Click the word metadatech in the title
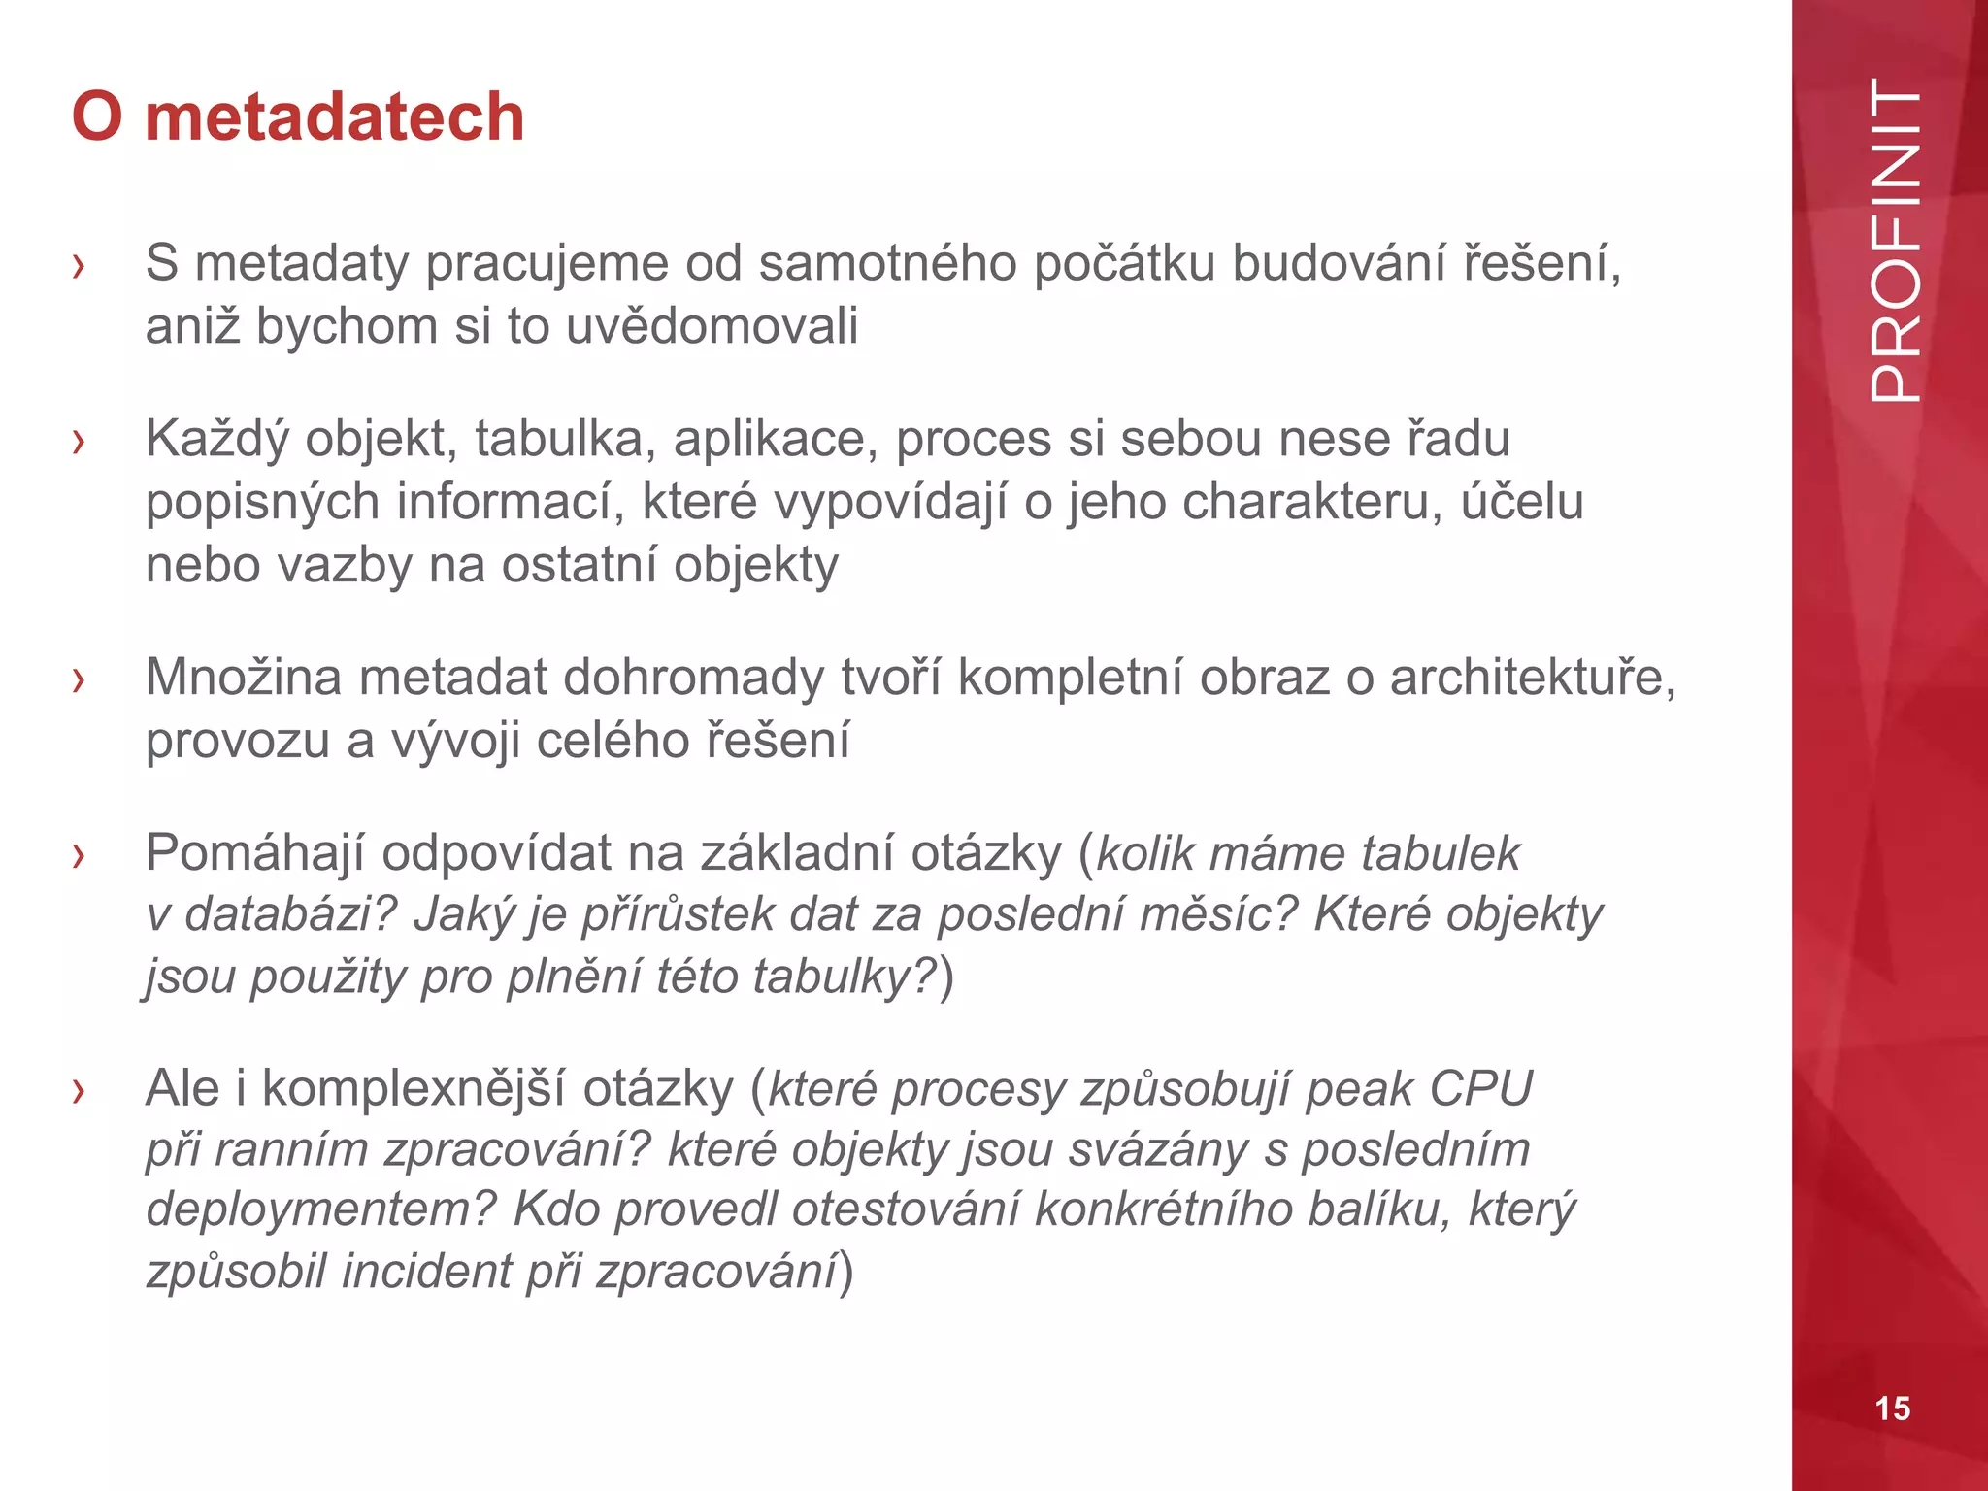[x=335, y=116]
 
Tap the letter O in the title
[x=97, y=116]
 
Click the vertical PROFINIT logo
[x=1894, y=241]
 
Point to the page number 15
[x=1892, y=1408]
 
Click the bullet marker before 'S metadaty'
[x=79, y=265]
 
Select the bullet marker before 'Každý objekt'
[x=79, y=442]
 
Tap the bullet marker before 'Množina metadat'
[x=79, y=679]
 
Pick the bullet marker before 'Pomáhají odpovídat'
[x=79, y=855]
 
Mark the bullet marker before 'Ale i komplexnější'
[x=79, y=1091]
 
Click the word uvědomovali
[x=712, y=326]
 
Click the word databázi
[x=290, y=914]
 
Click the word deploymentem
[x=321, y=1209]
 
